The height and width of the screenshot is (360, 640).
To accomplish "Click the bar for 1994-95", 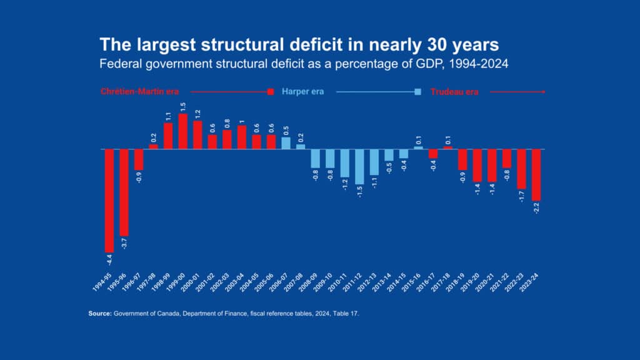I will point(109,200).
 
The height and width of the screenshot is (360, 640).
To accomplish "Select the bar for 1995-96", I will point(124,192).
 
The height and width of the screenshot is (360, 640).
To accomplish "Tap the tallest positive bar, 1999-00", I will point(183,131).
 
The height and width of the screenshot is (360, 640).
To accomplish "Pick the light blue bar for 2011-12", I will point(359,166).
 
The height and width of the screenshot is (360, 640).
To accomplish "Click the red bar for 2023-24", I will point(536,174).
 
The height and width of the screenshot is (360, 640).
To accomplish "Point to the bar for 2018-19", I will point(462,159).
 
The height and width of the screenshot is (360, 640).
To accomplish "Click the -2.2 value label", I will point(536,209).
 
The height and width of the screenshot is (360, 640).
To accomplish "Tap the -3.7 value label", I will point(124,244).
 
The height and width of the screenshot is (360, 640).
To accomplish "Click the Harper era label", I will point(302,92).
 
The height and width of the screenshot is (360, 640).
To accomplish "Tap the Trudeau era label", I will point(454,92).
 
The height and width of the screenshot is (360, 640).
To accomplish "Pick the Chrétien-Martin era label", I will point(139,92).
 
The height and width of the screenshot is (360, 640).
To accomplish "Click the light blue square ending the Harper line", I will point(418,92).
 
